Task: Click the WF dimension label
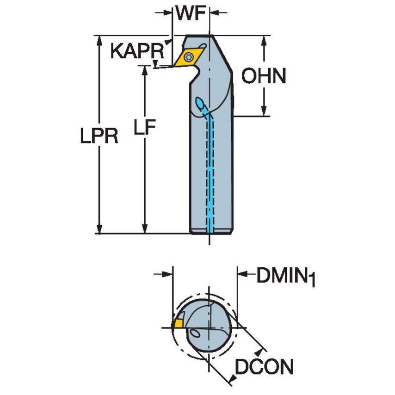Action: [x=190, y=14]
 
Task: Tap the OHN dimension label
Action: [x=265, y=76]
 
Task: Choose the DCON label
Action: [x=264, y=368]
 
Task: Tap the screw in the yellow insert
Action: [x=189, y=57]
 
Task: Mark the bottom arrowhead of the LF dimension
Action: [x=145, y=228]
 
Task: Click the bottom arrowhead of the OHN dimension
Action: [x=264, y=111]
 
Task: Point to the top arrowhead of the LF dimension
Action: [x=145, y=71]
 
